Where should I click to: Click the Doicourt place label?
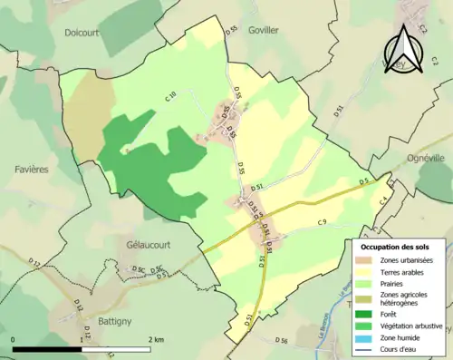point(88,31)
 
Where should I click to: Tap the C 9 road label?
point(322,222)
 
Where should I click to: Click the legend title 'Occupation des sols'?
point(401,247)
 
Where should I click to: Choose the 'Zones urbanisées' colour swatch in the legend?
point(367,261)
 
